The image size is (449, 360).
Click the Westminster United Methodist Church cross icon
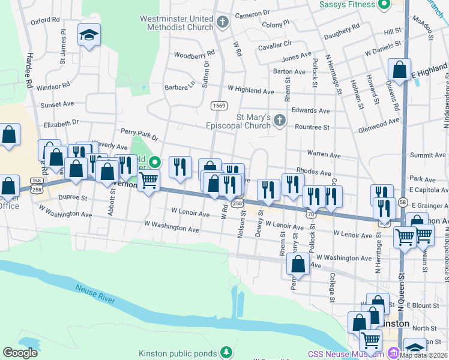(223, 23)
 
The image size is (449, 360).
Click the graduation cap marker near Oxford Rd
(89, 35)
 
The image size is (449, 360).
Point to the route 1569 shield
(219, 106)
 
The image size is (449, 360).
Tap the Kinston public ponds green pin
(226, 352)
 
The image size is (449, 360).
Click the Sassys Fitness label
(348, 5)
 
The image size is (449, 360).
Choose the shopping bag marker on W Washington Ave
(298, 263)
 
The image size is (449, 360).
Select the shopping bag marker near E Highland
(399, 70)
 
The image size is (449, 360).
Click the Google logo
(20, 352)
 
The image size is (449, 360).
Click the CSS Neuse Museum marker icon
(394, 352)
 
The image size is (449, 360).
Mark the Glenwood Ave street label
(379, 121)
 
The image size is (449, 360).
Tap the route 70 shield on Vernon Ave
(310, 213)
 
